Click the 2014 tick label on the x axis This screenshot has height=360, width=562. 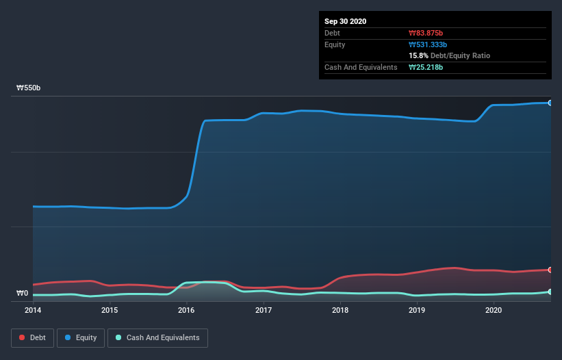point(33,310)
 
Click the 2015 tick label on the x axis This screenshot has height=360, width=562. point(110,310)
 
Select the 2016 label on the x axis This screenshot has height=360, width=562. point(186,310)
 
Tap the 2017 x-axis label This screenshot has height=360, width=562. point(264,310)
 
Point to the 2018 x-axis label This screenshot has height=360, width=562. point(340,310)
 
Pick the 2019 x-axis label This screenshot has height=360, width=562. point(417,310)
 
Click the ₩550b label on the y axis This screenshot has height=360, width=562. point(28,88)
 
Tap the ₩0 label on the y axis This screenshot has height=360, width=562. point(23,294)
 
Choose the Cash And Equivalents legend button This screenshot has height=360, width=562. point(157,337)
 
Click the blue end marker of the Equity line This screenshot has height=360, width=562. point(550,103)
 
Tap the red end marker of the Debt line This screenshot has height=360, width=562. point(550,270)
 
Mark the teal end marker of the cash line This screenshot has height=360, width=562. point(550,292)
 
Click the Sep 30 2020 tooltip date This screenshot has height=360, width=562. point(346,21)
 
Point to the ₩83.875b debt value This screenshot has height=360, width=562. point(426,33)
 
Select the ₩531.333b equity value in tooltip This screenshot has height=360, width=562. point(429,44)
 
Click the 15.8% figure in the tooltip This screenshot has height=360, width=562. point(418,55)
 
